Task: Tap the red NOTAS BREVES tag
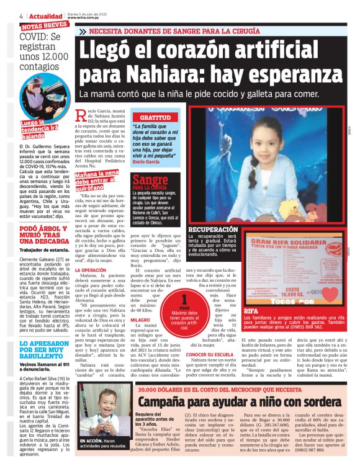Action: [44, 25]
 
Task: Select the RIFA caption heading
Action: [251, 310]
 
